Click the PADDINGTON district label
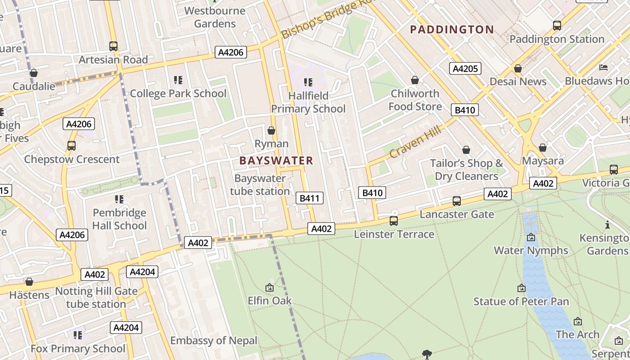coord(452,30)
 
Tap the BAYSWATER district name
coord(276,161)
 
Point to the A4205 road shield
coord(465,68)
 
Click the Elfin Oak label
coord(270,301)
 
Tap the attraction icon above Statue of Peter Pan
coord(522,288)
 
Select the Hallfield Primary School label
coord(308,102)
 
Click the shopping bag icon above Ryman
coord(271,130)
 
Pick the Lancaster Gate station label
coord(457,214)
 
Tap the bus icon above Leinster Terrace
coord(394,220)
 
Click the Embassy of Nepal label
coord(214,341)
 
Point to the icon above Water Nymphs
coord(531,237)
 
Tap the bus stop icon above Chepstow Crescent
coord(72,146)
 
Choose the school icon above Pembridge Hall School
coord(119,199)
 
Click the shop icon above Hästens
coord(29,282)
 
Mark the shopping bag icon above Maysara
coord(543,148)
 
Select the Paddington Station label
coord(557,39)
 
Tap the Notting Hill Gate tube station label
coord(96,297)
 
